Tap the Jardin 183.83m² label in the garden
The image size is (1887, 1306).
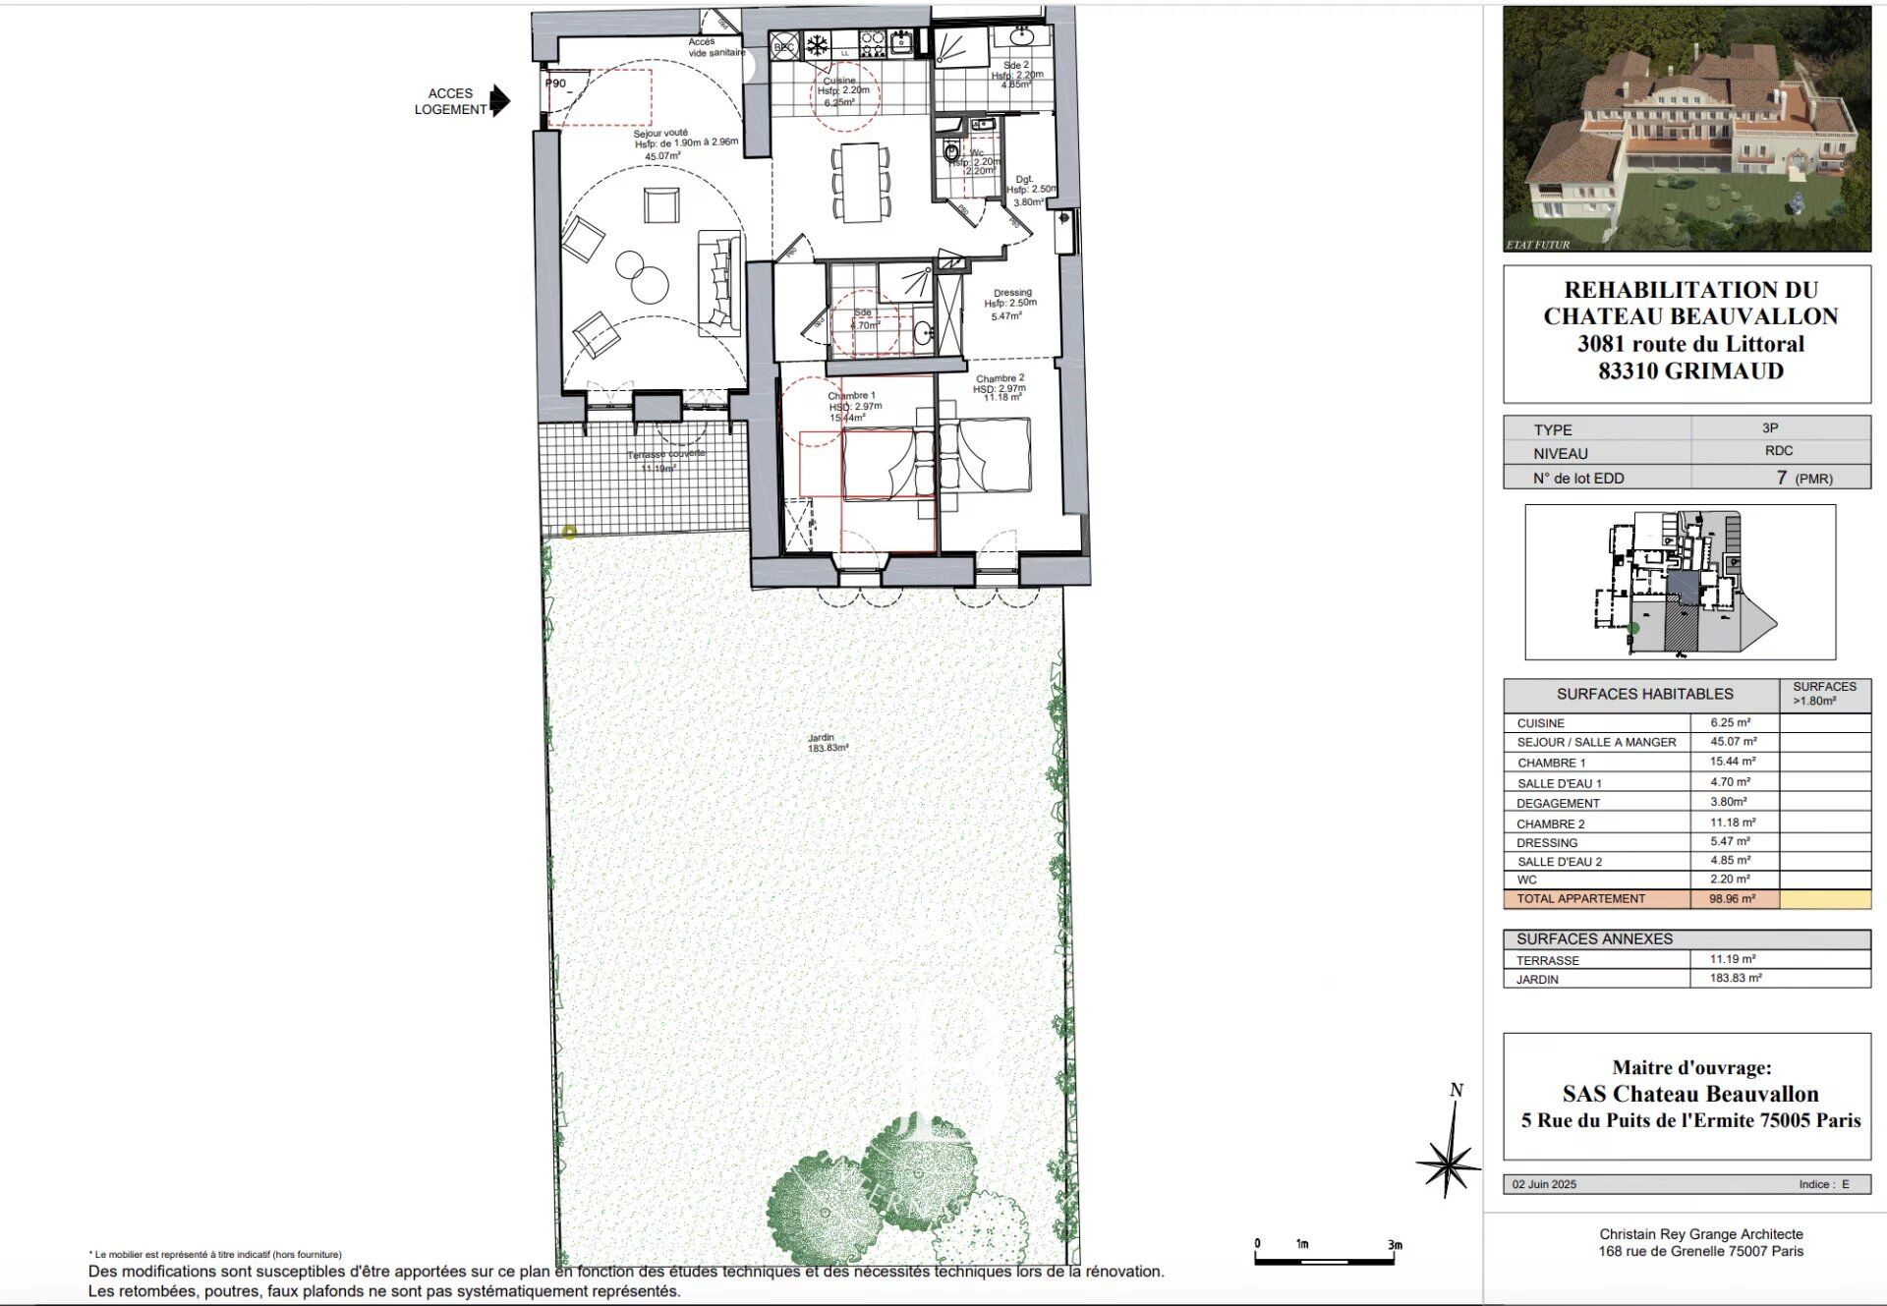(828, 743)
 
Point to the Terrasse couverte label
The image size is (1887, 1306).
(665, 460)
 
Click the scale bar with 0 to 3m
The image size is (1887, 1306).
(1327, 1258)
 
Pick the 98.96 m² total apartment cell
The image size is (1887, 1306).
(1732, 898)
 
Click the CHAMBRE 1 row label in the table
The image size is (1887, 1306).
(1551, 763)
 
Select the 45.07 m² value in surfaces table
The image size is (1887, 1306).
(1733, 742)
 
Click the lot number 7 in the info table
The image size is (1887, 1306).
(1781, 478)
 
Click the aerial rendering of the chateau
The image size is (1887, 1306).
(1687, 128)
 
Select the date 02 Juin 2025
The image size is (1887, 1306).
(1544, 1184)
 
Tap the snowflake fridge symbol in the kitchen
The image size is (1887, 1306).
(816, 44)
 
